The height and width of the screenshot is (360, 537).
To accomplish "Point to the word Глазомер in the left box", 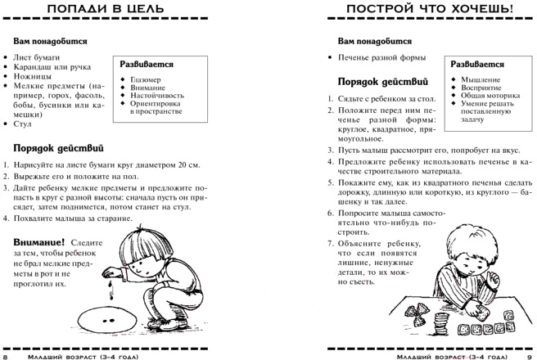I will pyautogui.click(x=146, y=79).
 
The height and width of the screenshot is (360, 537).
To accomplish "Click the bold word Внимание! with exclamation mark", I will pyautogui.click(x=38, y=244).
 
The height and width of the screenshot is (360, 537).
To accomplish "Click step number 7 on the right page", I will pyautogui.click(x=330, y=244).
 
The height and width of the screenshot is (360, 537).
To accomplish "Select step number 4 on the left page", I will pyautogui.click(x=5, y=218).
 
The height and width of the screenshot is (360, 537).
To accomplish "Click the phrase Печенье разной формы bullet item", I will pyautogui.click(x=377, y=58).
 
